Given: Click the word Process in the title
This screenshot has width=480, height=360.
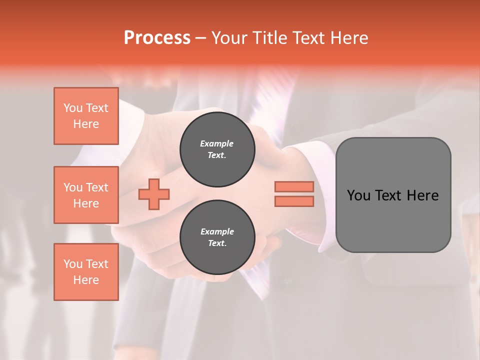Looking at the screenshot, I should click(157, 38).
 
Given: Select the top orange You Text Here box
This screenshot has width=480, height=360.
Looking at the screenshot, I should click(86, 116).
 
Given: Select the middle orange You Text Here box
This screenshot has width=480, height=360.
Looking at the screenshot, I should click(86, 195).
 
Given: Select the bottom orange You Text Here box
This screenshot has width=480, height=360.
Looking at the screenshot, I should click(86, 272).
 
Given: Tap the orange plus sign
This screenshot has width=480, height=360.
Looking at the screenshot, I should click(154, 194).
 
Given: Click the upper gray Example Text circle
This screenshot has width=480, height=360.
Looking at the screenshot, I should click(217, 149).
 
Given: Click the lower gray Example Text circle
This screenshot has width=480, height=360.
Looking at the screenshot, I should click(217, 237).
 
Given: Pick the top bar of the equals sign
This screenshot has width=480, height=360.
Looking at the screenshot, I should click(294, 187).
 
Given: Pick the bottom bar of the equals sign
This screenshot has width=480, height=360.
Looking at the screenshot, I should click(294, 201).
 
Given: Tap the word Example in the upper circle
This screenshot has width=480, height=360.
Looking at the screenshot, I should click(217, 143).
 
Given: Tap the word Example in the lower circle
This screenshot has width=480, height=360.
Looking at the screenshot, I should click(217, 231).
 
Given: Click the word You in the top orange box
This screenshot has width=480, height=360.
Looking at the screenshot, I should click(73, 108).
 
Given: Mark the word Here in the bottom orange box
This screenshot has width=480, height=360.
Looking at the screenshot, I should click(86, 280).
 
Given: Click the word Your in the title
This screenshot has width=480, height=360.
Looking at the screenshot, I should click(229, 38).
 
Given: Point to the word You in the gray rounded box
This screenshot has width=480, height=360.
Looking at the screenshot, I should click(358, 195).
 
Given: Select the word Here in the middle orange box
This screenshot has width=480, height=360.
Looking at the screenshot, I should click(86, 203).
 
